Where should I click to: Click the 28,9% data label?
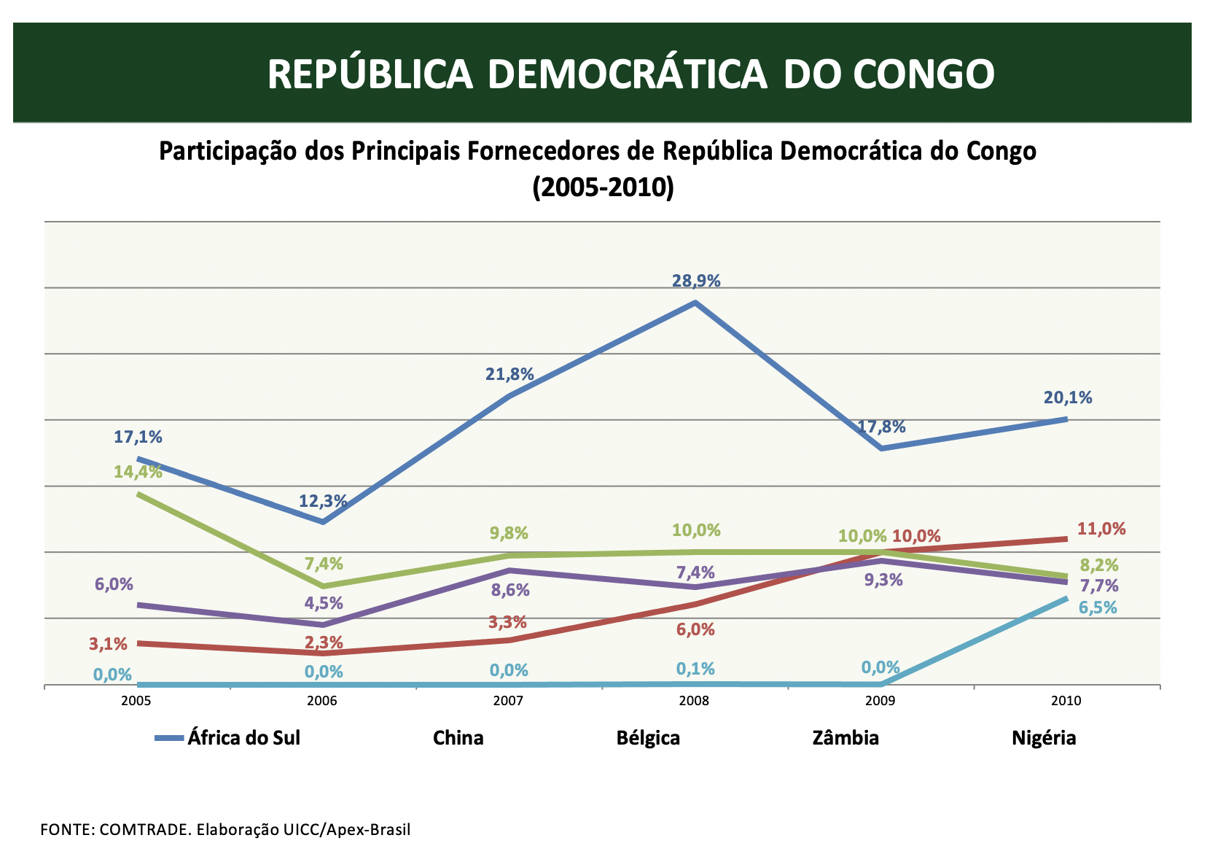tap(696, 281)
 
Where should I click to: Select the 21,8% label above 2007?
tap(509, 375)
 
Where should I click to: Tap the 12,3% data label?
tap(323, 501)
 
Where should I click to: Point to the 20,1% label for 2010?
tap(1068, 398)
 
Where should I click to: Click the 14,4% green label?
tap(138, 472)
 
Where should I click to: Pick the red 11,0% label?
tap(1101, 529)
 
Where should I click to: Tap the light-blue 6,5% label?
tap(1098, 607)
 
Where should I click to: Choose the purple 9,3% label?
tap(883, 581)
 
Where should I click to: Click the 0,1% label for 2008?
tap(695, 669)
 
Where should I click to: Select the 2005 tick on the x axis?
tap(136, 702)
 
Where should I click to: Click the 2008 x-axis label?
tap(695, 702)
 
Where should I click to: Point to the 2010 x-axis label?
tap(1066, 702)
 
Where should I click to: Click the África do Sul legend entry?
tap(243, 738)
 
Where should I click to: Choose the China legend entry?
tap(458, 738)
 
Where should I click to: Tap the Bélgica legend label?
tap(648, 738)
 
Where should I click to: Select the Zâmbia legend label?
tap(845, 738)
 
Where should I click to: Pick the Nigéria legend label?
tap(1044, 738)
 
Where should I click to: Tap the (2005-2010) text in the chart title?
tap(603, 187)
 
